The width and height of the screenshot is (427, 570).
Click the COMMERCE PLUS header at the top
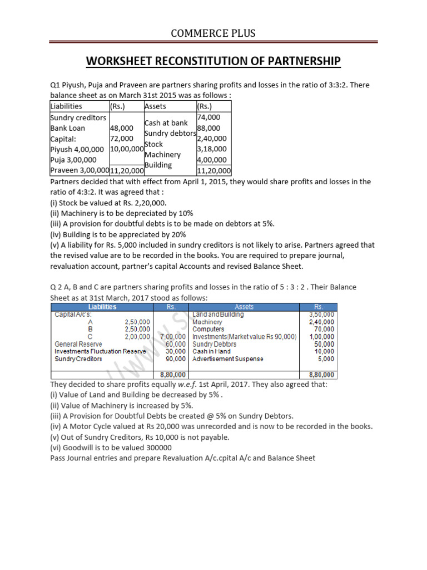coord(213,33)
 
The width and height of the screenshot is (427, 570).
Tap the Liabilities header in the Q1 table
coord(66,106)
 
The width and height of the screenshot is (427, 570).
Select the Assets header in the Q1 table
coord(155,106)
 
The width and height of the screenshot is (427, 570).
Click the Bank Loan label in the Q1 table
coord(66,128)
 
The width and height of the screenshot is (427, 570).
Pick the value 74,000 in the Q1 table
coord(209,117)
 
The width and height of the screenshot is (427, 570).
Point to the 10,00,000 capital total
coord(127,149)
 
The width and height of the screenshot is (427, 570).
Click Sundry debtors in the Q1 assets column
coord(170,133)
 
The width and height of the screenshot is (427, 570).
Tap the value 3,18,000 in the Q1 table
coord(212,149)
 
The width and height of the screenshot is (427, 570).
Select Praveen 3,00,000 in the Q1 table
coord(80,170)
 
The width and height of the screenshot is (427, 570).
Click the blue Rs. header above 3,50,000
coord(319,306)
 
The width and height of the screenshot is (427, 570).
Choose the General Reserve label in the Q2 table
coord(77,344)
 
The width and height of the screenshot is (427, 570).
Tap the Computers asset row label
coord(208,329)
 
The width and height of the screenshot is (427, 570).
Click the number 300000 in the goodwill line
coord(156,448)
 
